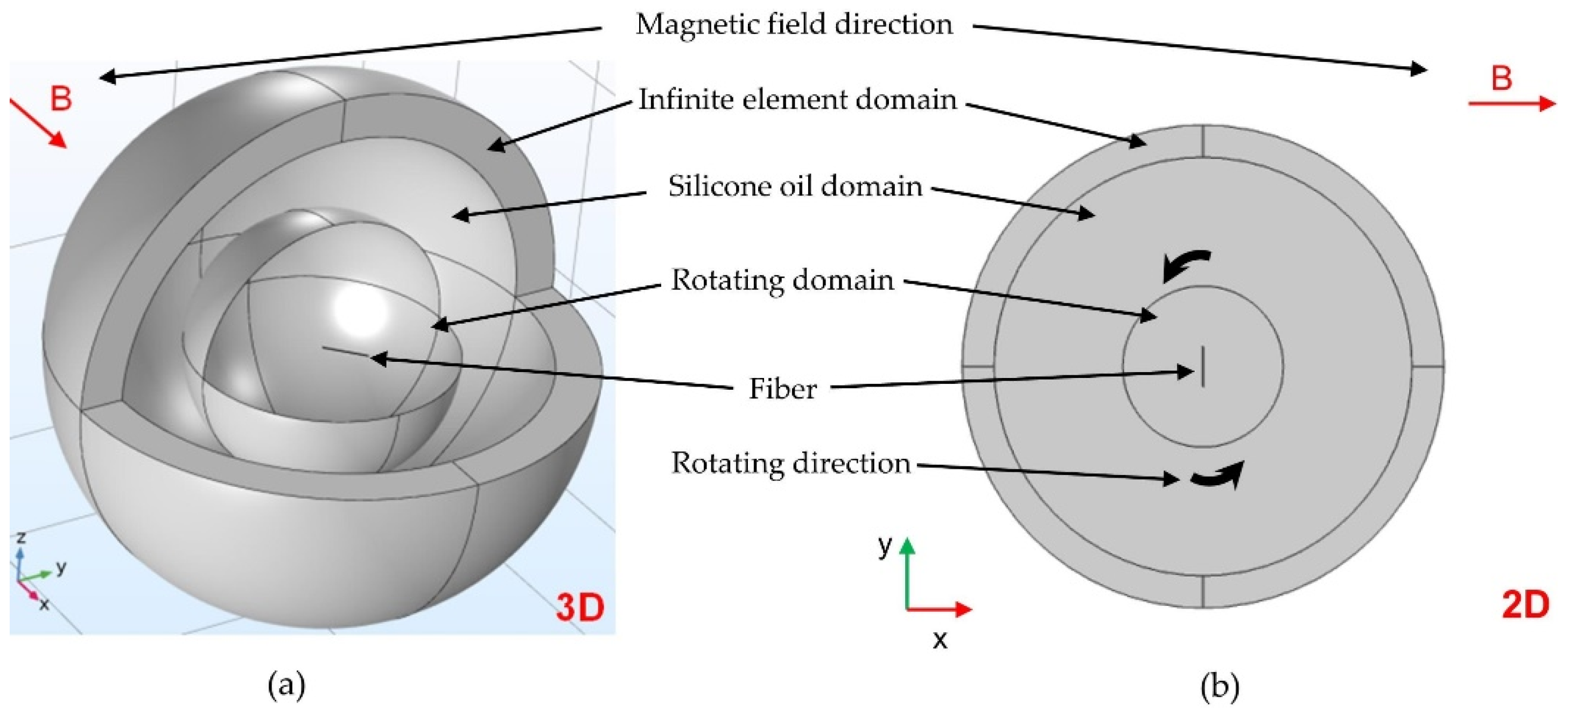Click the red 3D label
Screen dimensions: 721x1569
(x=580, y=608)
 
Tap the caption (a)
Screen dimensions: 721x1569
(x=286, y=687)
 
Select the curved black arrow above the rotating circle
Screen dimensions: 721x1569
(x=1185, y=265)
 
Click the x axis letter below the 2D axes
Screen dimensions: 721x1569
(x=940, y=640)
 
